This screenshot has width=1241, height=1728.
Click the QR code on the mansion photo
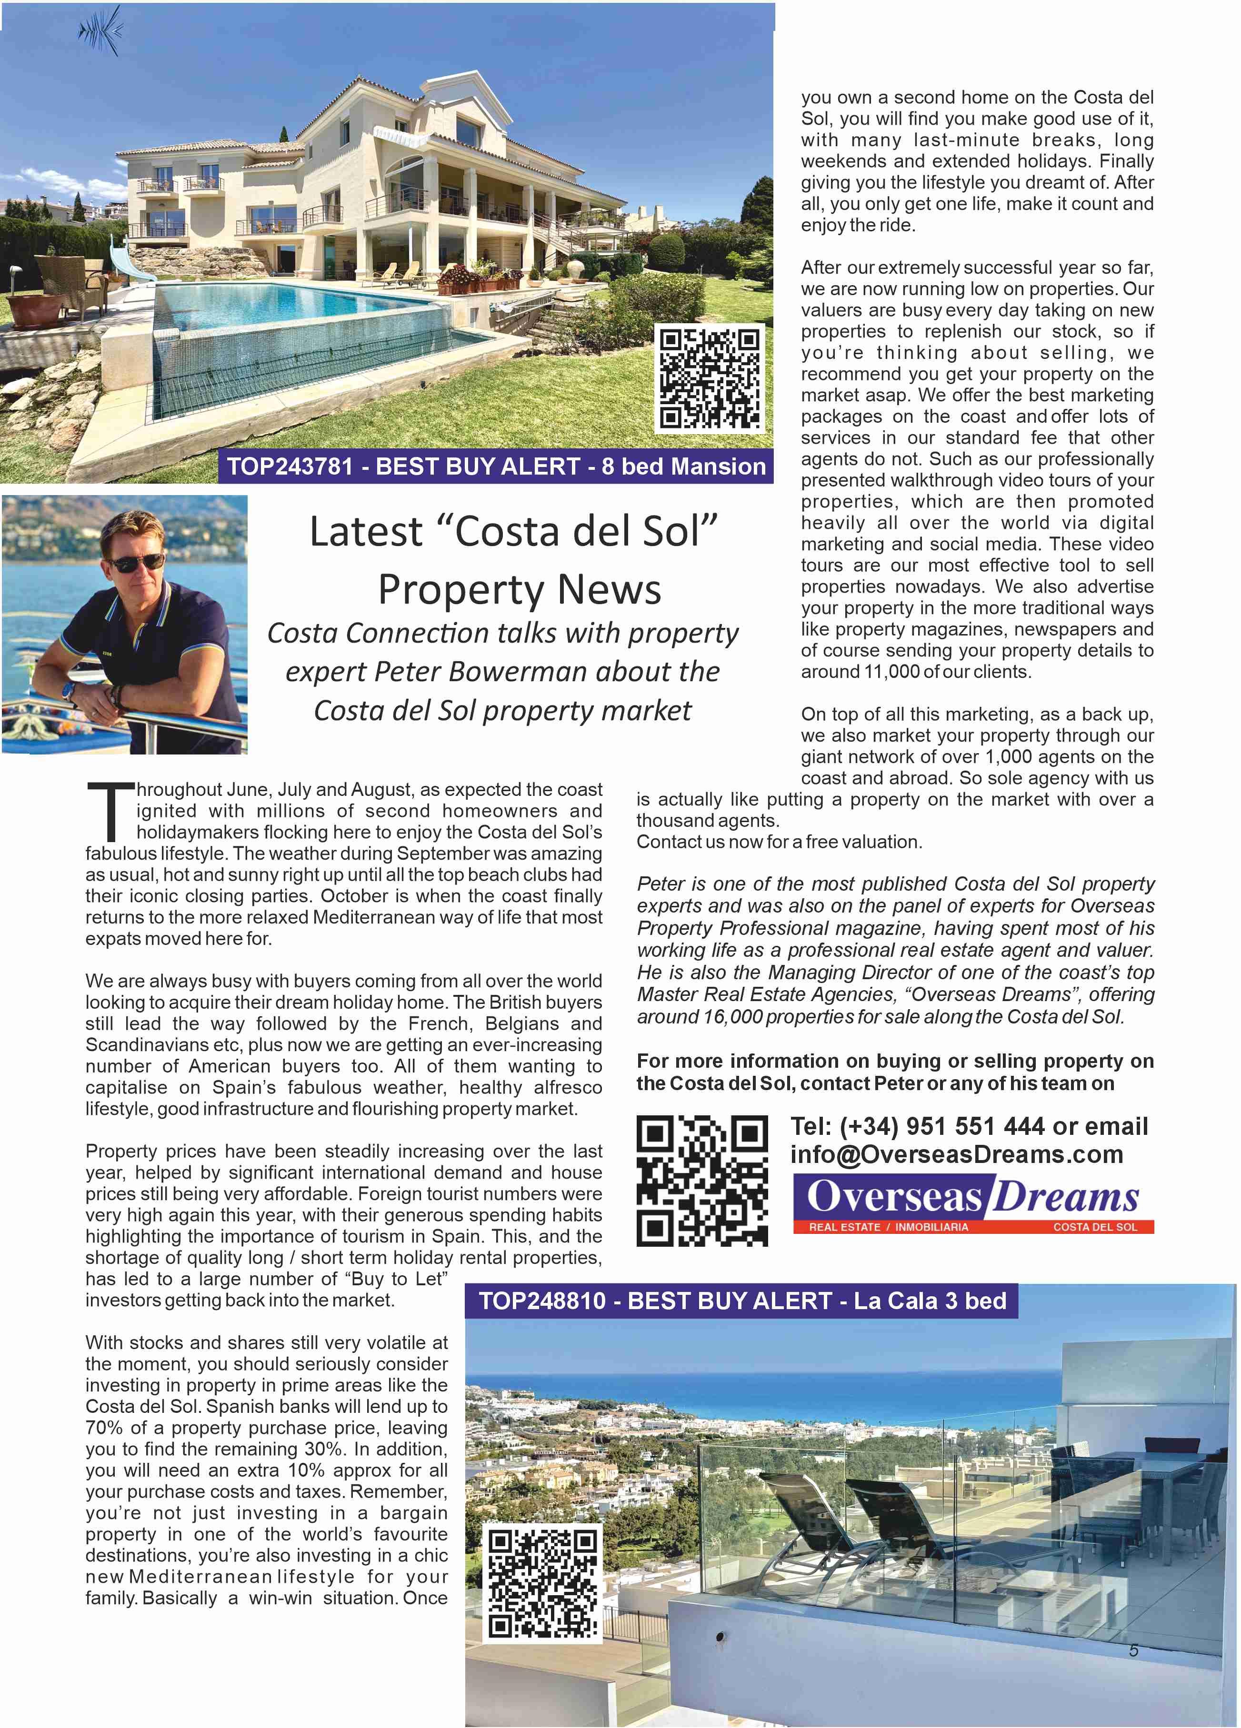click(710, 378)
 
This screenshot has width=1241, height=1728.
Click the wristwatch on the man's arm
click(70, 691)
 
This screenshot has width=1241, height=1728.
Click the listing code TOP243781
click(290, 467)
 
